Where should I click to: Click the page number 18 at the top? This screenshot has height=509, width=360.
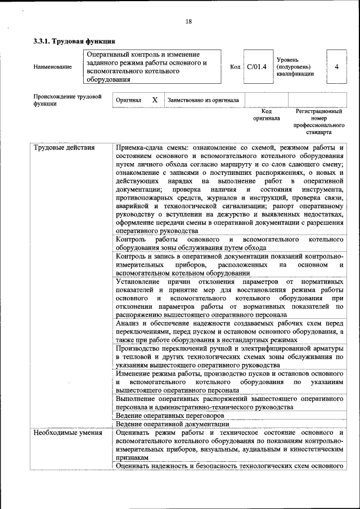[188, 21]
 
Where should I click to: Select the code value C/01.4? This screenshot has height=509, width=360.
[256, 66]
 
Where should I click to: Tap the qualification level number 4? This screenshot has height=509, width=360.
[336, 66]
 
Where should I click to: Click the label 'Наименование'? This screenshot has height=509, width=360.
[53, 67]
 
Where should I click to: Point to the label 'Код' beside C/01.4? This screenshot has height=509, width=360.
[235, 67]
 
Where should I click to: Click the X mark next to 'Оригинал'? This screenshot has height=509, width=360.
[155, 100]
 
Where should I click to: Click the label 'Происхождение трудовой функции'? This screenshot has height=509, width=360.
[67, 100]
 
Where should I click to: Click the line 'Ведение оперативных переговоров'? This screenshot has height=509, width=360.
[169, 416]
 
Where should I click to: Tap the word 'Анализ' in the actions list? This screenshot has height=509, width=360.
[128, 323]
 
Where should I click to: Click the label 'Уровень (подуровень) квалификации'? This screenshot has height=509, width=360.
[295, 67]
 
